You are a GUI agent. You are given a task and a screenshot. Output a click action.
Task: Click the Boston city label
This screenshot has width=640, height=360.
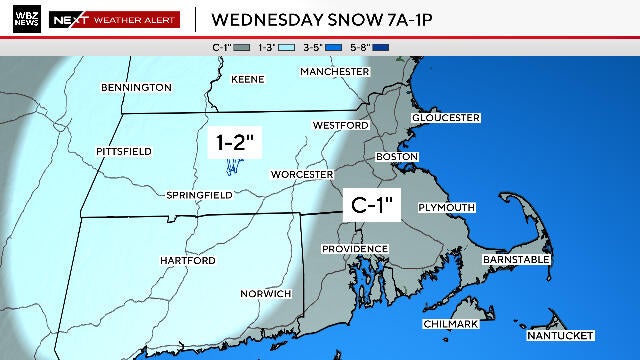pyautogui.click(x=396, y=157)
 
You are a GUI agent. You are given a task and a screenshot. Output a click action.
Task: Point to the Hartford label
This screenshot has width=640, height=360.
pyautogui.click(x=188, y=260)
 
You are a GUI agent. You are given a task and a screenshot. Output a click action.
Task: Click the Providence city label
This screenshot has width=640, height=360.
pyautogui.click(x=354, y=248)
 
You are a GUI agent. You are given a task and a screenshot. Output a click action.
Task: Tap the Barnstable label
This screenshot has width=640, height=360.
pyautogui.click(x=516, y=259)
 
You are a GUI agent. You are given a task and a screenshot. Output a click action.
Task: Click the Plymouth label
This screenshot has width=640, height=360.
pyautogui.click(x=447, y=207)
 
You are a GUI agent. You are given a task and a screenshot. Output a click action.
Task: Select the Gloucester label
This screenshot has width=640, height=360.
pyautogui.click(x=446, y=117)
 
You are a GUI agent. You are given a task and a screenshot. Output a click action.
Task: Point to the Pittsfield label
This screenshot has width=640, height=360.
pyautogui.click(x=124, y=151)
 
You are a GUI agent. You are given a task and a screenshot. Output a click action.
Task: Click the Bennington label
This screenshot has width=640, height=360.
pyautogui.click(x=137, y=88)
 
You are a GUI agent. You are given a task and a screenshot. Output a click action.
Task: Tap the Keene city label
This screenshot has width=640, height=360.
pyautogui.click(x=248, y=78)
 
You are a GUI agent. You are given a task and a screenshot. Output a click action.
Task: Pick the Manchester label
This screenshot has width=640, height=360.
pyautogui.click(x=335, y=71)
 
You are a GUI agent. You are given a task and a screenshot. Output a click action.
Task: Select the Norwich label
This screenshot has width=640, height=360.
pyautogui.click(x=266, y=293)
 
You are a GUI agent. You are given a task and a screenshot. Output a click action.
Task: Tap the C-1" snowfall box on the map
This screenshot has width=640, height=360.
pyautogui.click(x=373, y=207)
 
